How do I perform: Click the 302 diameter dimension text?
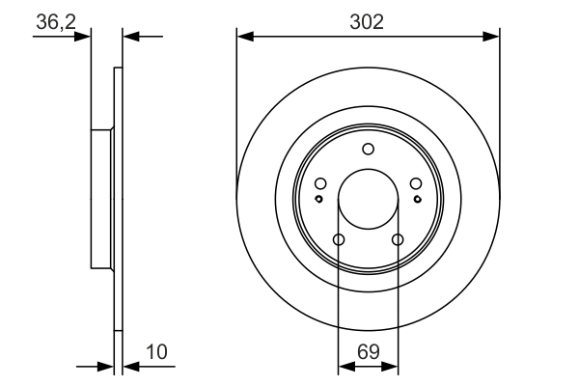368,21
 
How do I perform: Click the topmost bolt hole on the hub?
368,149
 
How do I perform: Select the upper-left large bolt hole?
320,184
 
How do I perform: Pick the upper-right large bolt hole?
415,184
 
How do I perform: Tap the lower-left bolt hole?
339,239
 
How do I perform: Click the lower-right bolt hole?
397,239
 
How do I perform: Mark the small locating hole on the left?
318,199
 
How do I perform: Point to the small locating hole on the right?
417,199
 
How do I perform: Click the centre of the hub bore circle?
368,199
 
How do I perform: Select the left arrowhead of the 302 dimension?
244,37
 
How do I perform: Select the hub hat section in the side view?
101,198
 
